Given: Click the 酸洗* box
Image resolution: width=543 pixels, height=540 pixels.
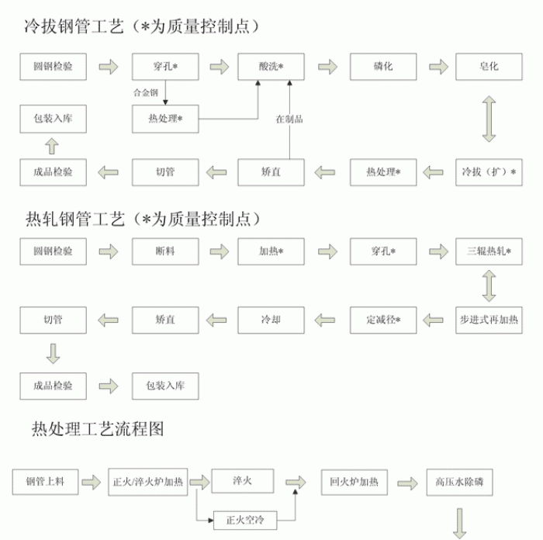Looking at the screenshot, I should point(270,67).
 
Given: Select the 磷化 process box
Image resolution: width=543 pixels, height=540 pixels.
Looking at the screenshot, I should point(382,67).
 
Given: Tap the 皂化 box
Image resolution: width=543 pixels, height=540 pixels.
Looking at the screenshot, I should point(489,67).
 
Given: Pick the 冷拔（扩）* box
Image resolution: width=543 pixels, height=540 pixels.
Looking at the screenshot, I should point(489,171).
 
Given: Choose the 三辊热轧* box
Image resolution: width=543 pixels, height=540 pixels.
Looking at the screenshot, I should point(489,251).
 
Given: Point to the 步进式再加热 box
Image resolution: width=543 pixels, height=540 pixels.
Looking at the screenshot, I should point(489,319).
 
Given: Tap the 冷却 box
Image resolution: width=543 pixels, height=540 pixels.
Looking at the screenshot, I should point(271,319).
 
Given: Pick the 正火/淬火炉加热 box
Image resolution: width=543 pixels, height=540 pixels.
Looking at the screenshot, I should point(148,482).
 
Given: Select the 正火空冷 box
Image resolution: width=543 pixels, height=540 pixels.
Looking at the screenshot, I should point(245,517).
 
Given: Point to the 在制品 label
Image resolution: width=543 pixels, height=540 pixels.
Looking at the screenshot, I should point(289,119).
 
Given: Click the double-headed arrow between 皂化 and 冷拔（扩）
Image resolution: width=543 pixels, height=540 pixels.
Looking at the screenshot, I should point(489,119).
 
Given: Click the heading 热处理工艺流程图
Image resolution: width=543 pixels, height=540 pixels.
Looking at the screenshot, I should point(98,428).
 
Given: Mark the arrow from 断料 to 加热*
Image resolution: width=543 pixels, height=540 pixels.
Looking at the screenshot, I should point(220,251).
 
